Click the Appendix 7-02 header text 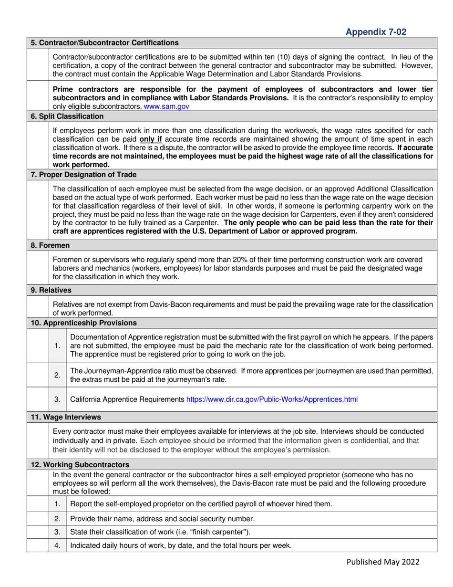point(376,32)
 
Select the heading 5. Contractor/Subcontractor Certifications point(104,42)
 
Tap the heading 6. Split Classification point(67,116)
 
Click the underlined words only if point(152,138)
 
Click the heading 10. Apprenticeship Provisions point(83,323)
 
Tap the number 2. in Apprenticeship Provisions point(57,375)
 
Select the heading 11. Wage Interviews point(66,417)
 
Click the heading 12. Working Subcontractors point(80,464)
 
